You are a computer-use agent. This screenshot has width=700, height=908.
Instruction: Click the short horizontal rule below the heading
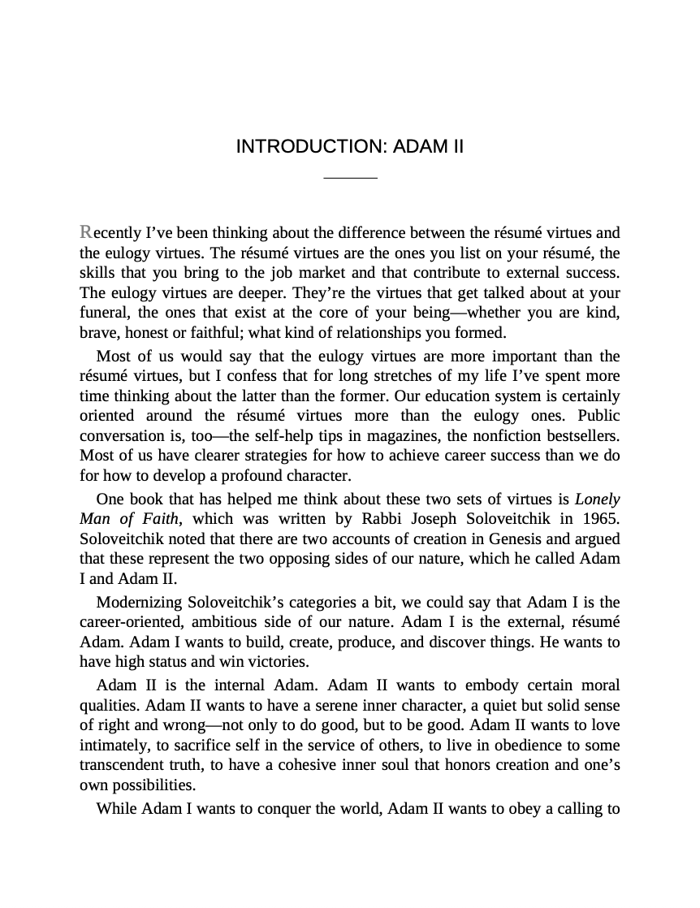tap(350, 177)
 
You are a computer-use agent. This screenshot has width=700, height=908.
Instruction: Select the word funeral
tap(102, 313)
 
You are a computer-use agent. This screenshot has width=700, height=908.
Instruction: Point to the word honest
tap(146, 333)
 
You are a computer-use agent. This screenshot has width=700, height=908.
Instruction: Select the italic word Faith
tap(158, 520)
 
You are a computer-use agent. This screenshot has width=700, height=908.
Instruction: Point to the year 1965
tap(601, 520)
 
